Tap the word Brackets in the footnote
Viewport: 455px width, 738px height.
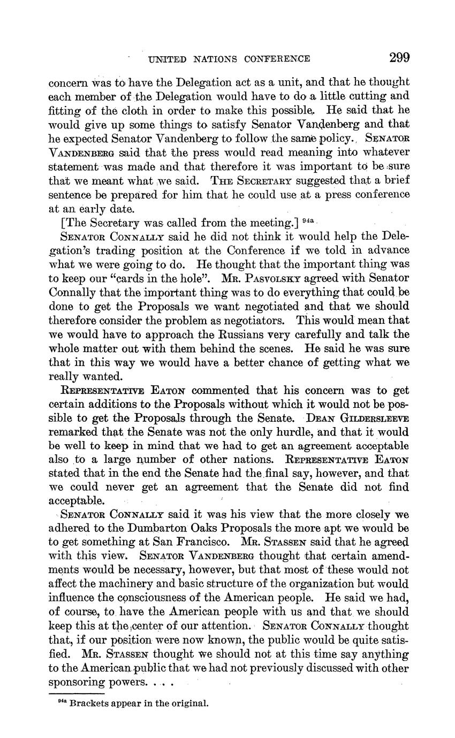coord(89,703)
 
